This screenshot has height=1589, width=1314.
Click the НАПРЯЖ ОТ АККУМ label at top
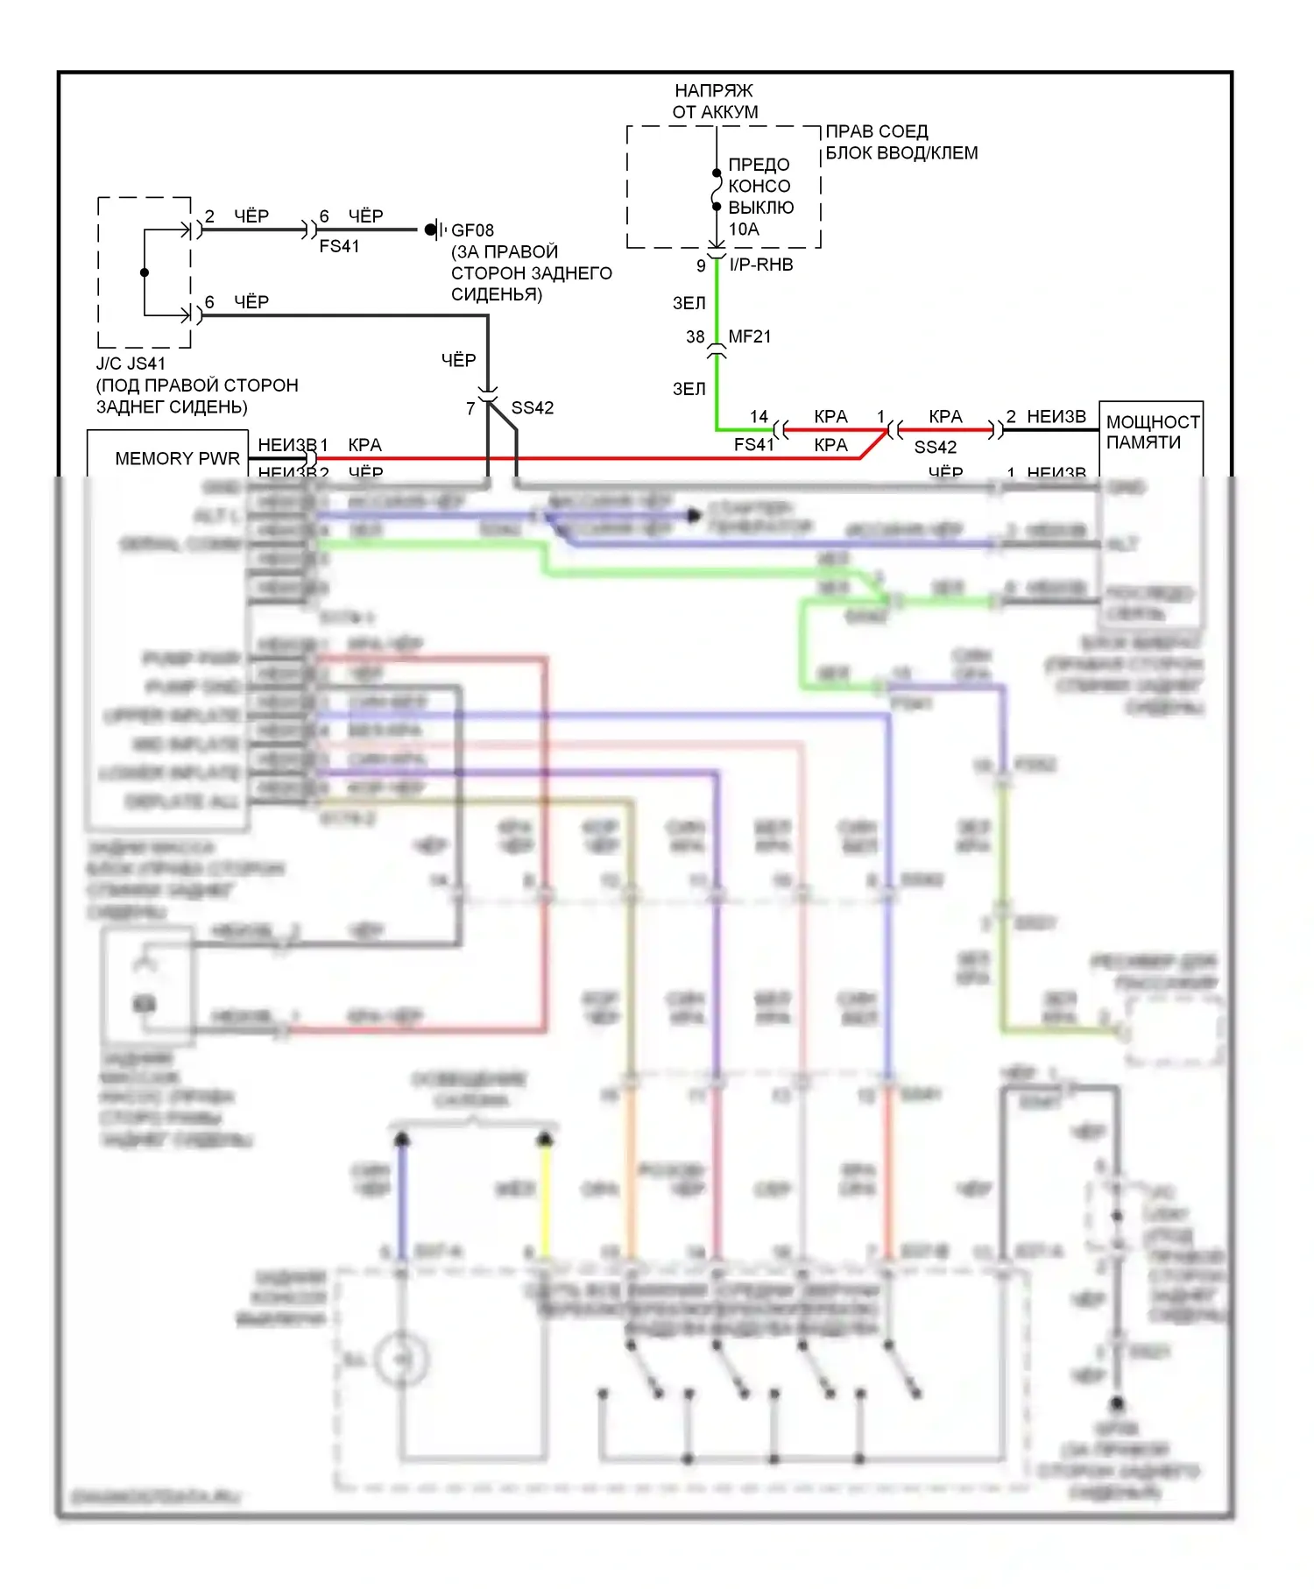point(715,102)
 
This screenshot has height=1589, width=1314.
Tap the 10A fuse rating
point(744,230)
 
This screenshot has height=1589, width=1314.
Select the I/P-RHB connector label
point(760,265)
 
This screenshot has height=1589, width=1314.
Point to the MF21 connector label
point(749,336)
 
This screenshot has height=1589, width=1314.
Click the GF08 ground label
point(472,230)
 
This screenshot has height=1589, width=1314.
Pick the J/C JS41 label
point(131,364)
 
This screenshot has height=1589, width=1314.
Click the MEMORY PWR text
point(177,458)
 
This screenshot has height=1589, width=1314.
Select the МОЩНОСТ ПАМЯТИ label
point(1151,432)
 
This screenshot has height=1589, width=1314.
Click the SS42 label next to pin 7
point(532,408)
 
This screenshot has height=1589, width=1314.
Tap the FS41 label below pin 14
point(754,445)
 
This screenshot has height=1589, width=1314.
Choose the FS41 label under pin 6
point(339,247)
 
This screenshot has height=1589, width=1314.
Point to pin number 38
point(696,336)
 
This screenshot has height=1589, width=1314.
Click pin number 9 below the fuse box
point(701,265)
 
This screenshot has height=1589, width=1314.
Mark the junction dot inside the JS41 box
point(145,272)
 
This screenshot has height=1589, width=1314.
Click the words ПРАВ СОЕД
point(876,131)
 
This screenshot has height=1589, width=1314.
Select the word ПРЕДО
point(759,165)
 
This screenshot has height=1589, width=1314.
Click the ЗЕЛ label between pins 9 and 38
point(689,303)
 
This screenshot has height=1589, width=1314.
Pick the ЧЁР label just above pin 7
point(458,360)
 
